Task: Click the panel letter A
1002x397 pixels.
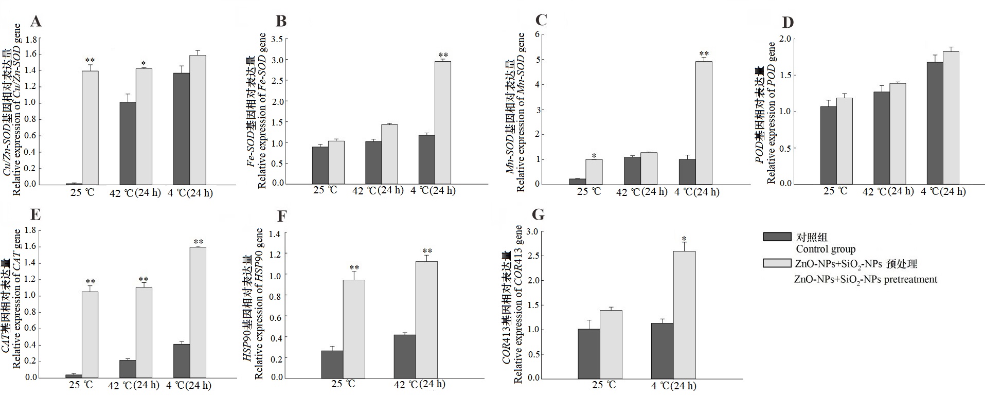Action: pos(35,22)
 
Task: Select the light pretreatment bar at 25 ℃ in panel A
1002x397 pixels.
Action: pos(90,128)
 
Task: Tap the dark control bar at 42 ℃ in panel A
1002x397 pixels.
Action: pos(128,143)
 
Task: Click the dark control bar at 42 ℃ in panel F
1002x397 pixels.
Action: pos(405,356)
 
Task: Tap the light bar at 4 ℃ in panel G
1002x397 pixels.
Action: pos(684,315)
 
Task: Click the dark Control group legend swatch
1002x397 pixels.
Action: pos(777,237)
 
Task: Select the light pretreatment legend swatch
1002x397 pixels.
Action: pos(777,263)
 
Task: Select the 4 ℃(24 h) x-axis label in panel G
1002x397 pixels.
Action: pos(674,386)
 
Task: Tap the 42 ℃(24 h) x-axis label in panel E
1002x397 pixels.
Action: pos(134,385)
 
